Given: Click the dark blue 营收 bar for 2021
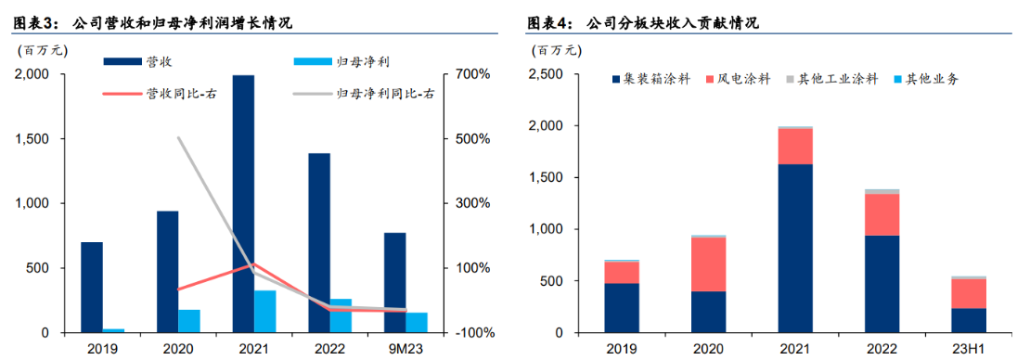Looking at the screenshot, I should coord(243,204).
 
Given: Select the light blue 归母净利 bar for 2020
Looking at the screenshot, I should coord(189,321).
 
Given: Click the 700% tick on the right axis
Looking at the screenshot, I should coord(470,73).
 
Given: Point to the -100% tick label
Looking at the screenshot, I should coord(470,333).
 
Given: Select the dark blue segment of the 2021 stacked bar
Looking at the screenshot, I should coord(794,248).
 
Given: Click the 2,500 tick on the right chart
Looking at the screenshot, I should coord(551,73).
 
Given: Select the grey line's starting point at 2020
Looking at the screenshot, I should coord(178,138).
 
